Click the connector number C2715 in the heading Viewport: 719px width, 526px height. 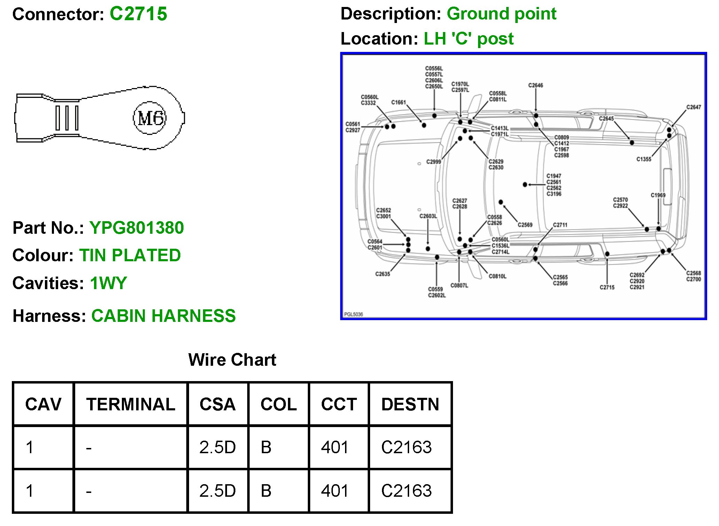tap(138, 14)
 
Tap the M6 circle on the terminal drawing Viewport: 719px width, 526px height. tap(150, 118)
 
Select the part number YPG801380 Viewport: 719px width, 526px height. tap(136, 228)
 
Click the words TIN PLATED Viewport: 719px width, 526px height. tap(130, 255)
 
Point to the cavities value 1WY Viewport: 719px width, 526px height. tap(108, 283)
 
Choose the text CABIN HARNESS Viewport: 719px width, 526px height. tap(163, 316)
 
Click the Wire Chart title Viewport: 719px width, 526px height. tap(232, 360)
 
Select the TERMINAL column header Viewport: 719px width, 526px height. tap(131, 404)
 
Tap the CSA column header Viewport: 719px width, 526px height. tap(217, 404)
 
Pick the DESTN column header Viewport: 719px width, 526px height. tap(410, 404)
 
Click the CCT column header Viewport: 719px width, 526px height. tap(339, 404)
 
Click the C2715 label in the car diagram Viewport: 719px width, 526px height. tap(607, 287)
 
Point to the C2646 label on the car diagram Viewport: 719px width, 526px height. tap(536, 85)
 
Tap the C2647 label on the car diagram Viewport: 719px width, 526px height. tap(694, 107)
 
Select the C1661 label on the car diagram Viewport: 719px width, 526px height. tap(398, 102)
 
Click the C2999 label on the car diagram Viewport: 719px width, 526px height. tap(433, 162)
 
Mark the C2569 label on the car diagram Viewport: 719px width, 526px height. tap(525, 225)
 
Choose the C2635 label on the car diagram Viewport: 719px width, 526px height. tap(382, 274)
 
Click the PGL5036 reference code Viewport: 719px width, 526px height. tap(353, 314)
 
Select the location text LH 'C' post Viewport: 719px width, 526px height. tap(469, 39)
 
